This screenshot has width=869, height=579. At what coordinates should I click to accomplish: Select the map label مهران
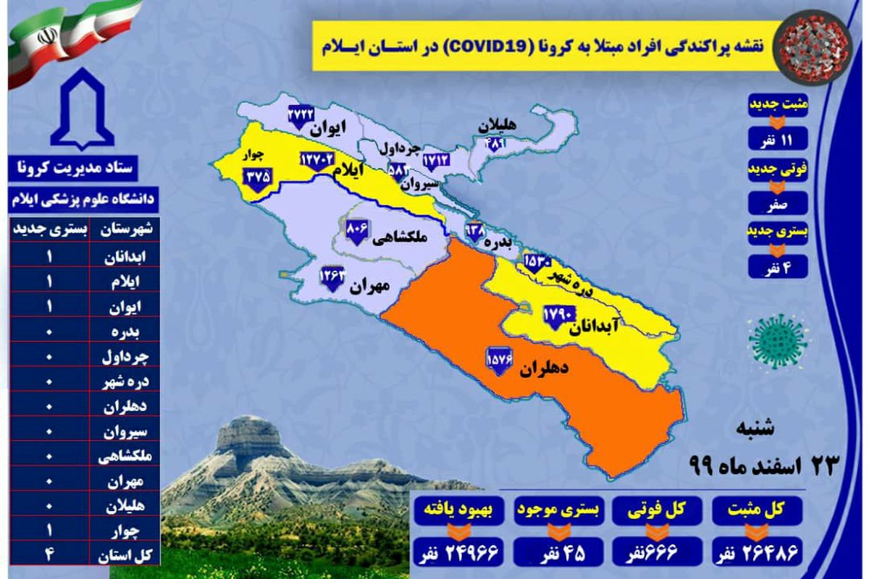(370, 287)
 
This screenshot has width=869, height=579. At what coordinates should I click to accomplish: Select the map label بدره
(501, 240)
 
